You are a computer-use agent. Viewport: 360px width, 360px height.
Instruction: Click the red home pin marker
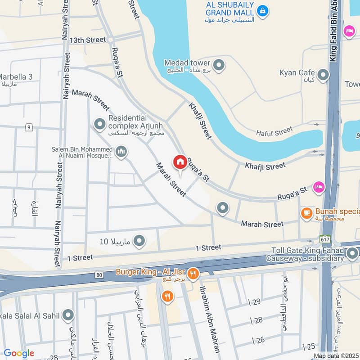tap(180, 162)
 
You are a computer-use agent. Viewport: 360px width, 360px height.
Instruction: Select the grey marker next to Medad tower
tap(219, 66)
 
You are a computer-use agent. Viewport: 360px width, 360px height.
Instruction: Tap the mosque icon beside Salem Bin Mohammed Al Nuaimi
tap(121, 153)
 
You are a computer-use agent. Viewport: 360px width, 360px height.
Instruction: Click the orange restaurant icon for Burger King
tap(193, 273)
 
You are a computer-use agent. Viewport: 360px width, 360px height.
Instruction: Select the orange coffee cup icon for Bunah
tap(306, 213)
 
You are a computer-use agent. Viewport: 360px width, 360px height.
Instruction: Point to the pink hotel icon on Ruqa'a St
tap(319, 186)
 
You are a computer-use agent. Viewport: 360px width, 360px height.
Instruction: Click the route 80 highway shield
tap(99, 274)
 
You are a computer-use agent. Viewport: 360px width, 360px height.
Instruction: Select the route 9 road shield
tap(28, 128)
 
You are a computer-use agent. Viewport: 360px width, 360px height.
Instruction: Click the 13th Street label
tap(88, 40)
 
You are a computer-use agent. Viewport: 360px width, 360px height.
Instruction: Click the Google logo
tap(19, 353)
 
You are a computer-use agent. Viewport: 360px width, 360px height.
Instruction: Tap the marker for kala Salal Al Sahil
tap(68, 315)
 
